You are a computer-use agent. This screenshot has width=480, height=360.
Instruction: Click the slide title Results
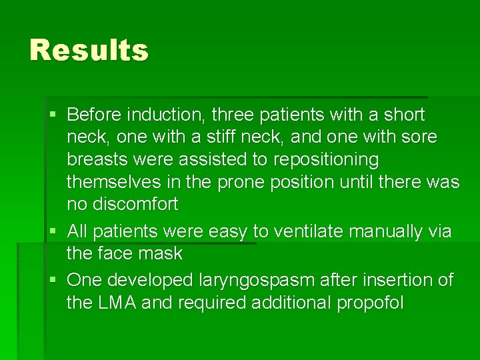(x=89, y=50)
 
